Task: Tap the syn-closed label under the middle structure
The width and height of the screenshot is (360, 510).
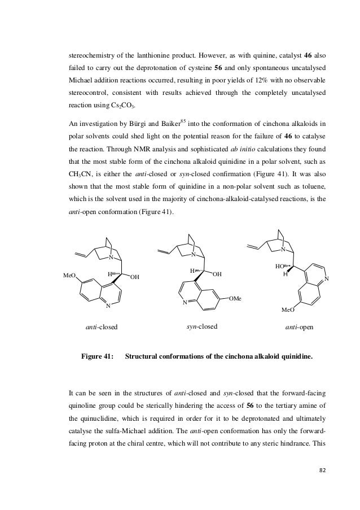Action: (x=201, y=326)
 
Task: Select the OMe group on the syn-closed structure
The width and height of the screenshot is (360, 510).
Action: (x=236, y=298)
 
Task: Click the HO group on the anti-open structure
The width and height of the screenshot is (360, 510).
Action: (x=280, y=264)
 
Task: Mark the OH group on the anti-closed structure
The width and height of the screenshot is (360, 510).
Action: (x=135, y=277)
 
